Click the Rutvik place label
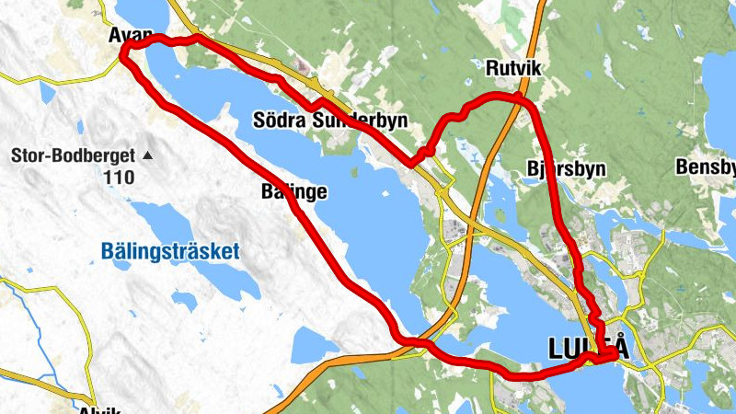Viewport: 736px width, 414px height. coord(510,67)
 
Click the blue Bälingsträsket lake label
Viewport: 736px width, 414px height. coord(170,250)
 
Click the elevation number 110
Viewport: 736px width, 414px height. coord(120,177)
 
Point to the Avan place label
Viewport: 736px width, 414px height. coord(129,35)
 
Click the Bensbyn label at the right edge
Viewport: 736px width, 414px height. coord(706,167)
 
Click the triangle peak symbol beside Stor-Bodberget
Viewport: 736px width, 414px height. coord(147,155)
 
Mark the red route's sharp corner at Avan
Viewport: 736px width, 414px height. coord(123,55)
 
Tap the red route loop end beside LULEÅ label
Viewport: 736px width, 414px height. coord(612,355)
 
